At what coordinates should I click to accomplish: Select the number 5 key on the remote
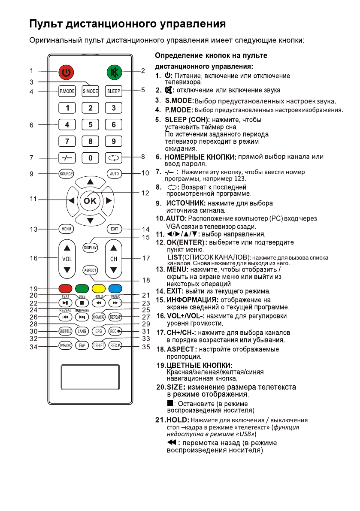(x=90, y=125)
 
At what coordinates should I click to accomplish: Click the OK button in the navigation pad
(x=90, y=200)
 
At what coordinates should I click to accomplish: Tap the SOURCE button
(x=67, y=174)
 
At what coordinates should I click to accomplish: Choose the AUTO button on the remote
(x=114, y=174)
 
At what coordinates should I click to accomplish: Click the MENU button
(x=66, y=229)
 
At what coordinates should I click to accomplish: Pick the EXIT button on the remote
(x=114, y=229)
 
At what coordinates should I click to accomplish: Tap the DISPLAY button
(x=90, y=248)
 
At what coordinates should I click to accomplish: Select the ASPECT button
(x=90, y=270)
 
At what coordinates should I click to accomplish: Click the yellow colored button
(x=99, y=288)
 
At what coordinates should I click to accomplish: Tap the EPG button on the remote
(x=98, y=331)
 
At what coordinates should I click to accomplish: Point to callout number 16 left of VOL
(x=33, y=258)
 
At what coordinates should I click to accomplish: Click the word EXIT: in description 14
(x=175, y=291)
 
